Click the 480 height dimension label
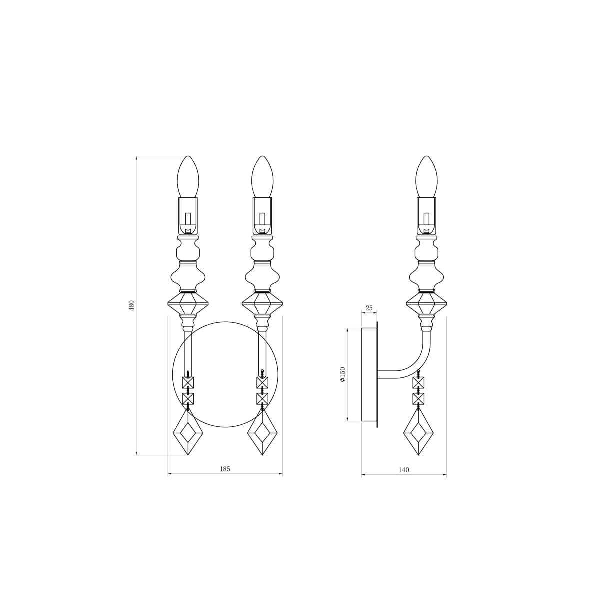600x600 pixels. (x=132, y=306)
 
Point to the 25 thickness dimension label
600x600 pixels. (x=369, y=308)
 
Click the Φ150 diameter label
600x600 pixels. (x=342, y=374)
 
